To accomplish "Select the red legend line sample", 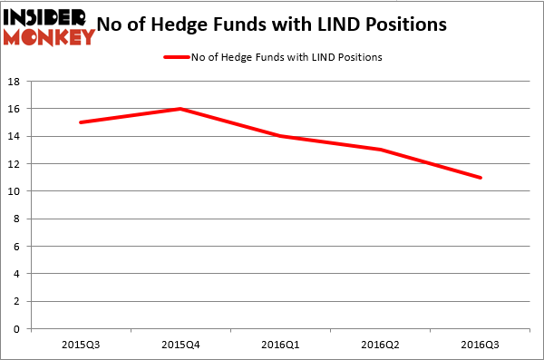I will pos(176,57).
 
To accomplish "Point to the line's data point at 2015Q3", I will pos(81,122).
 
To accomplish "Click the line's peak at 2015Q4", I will pos(180,109).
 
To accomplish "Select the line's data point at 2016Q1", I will pos(280,136).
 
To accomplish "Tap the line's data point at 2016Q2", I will pos(380,150).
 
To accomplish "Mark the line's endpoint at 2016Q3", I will pos(480,178).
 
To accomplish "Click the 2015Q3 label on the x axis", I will pos(81,345).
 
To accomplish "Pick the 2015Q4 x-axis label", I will pos(180,345).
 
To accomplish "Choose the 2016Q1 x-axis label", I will pos(280,345).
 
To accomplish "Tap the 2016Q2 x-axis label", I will pos(380,345).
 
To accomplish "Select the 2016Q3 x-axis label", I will pos(480,345).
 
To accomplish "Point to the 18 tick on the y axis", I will pos(15,82).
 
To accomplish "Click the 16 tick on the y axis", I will pos(15,109).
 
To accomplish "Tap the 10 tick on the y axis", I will pos(15,191).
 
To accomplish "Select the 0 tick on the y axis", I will pos(18,329).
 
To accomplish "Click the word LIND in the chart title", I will pos(341,24).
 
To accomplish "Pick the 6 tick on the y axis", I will pos(18,247).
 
